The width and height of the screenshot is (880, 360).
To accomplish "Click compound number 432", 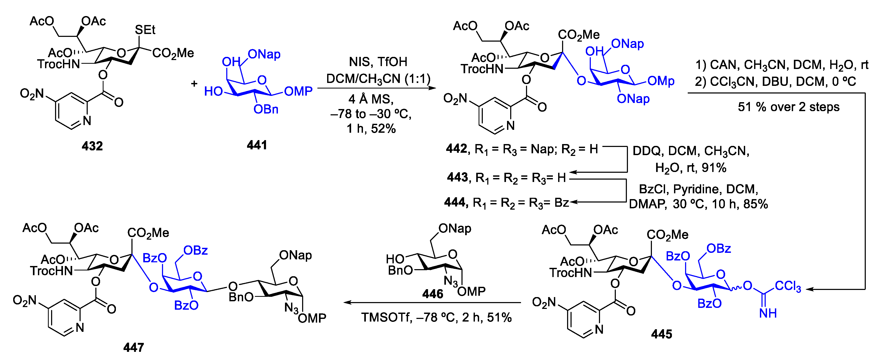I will tap(92, 146).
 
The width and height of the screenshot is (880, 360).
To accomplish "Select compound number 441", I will tap(257, 145).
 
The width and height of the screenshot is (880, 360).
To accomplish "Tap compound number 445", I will tap(661, 334).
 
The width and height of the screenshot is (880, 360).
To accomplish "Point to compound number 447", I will tap(134, 347).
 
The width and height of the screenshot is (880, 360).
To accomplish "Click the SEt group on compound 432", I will tap(145, 30).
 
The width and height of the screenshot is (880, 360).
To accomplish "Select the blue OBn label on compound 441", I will tap(266, 109).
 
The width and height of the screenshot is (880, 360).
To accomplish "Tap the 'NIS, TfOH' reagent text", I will tap(378, 62).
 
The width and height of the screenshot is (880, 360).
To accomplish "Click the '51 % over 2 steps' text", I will tap(788, 107).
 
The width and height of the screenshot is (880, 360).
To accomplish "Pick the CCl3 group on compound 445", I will tap(788, 286).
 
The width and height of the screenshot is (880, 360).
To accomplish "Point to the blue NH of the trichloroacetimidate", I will tap(768, 313).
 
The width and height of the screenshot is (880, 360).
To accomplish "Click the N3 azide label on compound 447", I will tap(291, 308).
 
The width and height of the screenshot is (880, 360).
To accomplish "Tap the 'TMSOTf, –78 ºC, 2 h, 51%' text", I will tap(436, 318).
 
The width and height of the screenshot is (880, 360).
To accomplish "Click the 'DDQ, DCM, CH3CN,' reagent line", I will tap(691, 151).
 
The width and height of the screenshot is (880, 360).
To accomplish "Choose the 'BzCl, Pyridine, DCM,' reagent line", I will tap(698, 189).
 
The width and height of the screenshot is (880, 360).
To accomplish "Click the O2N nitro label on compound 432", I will tap(32, 93).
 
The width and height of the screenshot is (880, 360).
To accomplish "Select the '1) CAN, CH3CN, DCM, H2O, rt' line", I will tap(781, 65).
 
